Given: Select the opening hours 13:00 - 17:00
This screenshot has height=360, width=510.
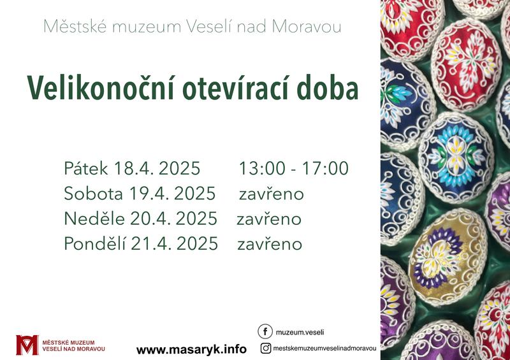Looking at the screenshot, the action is (x=294, y=168).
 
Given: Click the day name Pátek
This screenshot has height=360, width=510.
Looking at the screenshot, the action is (x=86, y=168).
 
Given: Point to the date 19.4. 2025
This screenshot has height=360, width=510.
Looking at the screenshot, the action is (x=172, y=194).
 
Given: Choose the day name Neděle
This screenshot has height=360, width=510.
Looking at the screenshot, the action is (x=94, y=218).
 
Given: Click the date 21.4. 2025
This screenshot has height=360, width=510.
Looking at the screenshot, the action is (x=174, y=243).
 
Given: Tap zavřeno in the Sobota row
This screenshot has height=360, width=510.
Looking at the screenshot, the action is (x=272, y=194).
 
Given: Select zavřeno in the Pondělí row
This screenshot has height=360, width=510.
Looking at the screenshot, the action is (x=270, y=244).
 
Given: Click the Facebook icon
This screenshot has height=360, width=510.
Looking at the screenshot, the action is (x=265, y=332).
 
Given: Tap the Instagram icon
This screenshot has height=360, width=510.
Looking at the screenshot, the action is (x=266, y=349).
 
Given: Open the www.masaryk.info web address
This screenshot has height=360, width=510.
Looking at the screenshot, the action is (x=191, y=350).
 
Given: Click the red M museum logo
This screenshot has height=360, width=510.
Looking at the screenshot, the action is (x=27, y=345).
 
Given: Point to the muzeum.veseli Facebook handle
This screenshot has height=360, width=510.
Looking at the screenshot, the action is (x=300, y=333).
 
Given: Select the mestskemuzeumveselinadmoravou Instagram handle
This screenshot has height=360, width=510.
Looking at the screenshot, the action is (x=324, y=349).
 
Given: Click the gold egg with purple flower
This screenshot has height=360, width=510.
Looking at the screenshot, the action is (x=448, y=256).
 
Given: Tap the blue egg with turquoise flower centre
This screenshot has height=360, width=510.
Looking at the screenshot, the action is (x=456, y=157).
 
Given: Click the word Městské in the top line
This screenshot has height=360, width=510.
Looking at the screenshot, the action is (x=75, y=26).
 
